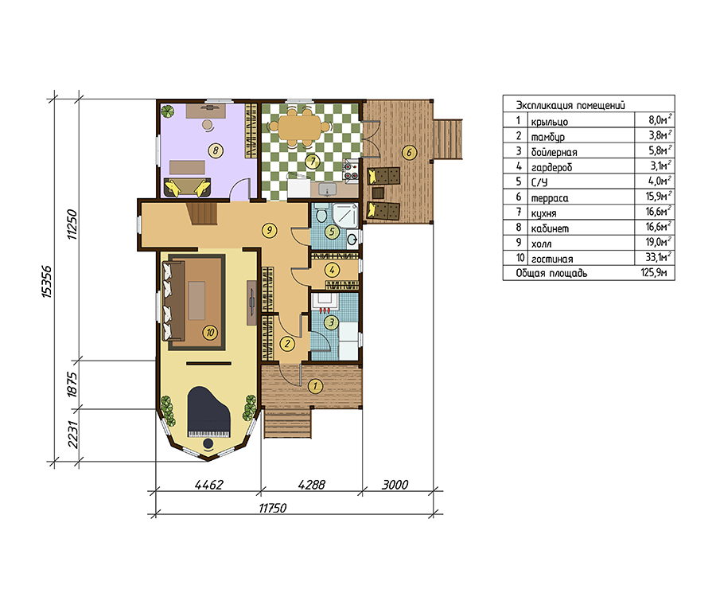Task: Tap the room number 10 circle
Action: (x=210, y=333)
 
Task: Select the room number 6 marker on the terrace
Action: (x=410, y=153)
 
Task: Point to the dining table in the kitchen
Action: (x=300, y=127)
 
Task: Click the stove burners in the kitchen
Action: (x=351, y=171)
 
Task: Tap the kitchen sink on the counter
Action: (x=327, y=188)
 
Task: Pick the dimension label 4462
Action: (x=209, y=485)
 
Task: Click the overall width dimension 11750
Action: (x=273, y=509)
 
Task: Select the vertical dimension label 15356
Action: (x=47, y=282)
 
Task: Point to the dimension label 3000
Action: (x=395, y=485)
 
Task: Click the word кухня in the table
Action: (x=543, y=213)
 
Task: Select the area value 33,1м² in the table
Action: (x=659, y=257)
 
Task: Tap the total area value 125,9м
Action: (x=654, y=273)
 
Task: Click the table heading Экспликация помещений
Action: (x=570, y=105)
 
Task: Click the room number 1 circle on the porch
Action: (x=315, y=386)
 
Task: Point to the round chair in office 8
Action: (x=208, y=125)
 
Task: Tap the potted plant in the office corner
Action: (x=168, y=111)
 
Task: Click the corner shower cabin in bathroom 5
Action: (x=345, y=215)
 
